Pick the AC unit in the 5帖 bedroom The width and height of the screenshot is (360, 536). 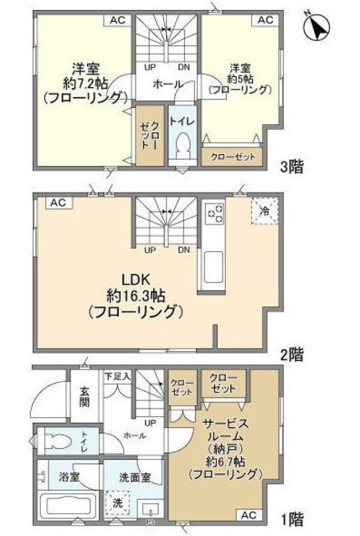coord(265,19)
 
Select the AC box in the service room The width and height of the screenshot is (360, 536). coord(248,514)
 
